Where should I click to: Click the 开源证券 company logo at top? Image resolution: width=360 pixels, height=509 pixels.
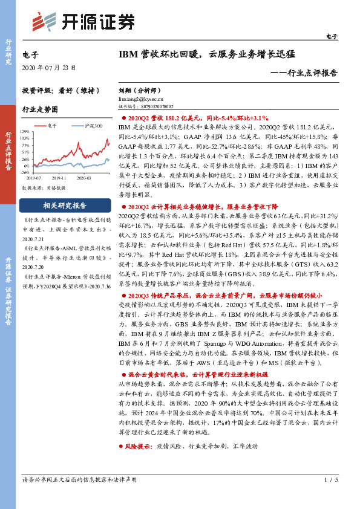click(x=85, y=22)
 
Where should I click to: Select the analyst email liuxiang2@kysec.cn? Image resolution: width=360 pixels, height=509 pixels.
click(x=141, y=97)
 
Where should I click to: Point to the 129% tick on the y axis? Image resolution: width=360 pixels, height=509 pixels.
click(x=25, y=131)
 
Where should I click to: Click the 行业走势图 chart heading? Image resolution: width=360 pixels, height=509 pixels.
click(x=40, y=109)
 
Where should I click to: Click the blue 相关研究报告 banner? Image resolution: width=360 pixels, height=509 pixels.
click(x=65, y=205)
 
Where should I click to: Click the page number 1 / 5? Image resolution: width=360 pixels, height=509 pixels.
click(x=330, y=479)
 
